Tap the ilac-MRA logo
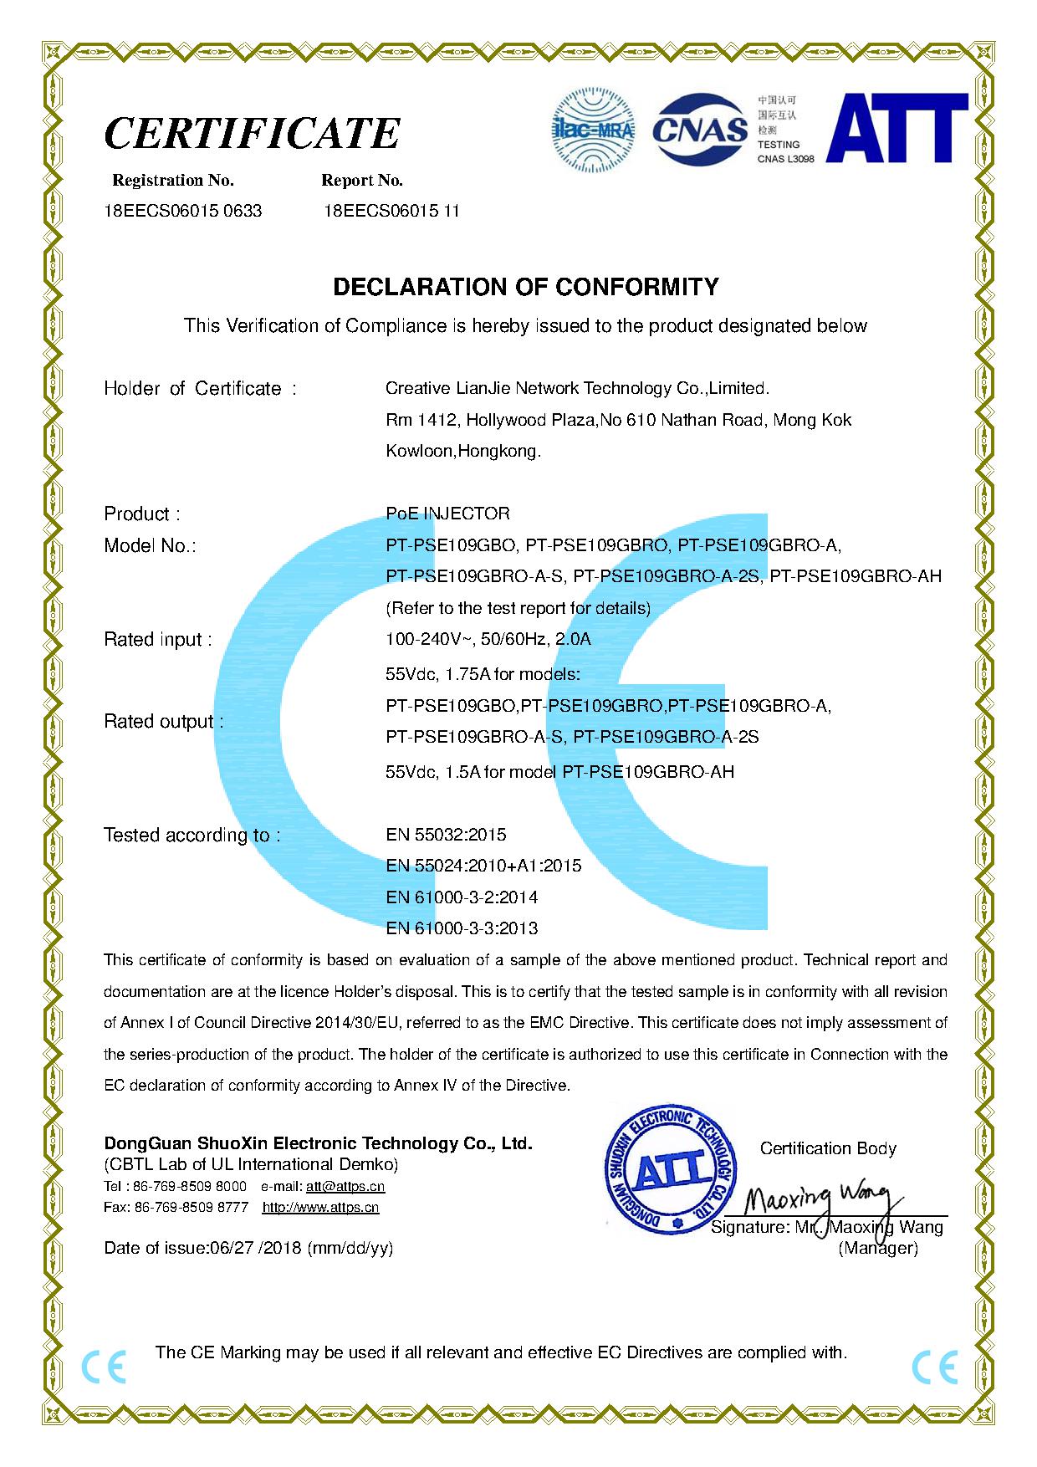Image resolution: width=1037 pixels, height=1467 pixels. coord(595,125)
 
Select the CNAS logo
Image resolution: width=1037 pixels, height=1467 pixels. coord(699,128)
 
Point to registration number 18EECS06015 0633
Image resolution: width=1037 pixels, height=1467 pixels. coord(183,211)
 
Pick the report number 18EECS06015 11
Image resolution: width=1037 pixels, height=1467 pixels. coord(391,211)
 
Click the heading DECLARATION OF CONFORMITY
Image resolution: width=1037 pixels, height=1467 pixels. coord(525,287)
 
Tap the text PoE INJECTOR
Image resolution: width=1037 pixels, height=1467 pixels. coord(447,514)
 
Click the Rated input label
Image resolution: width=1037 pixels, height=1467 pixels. coord(157,640)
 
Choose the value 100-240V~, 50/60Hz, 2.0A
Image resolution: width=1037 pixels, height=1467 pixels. coord(488,640)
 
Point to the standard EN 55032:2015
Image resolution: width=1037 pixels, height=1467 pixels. coord(446,835)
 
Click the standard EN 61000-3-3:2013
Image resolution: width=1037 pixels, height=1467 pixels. coord(462,928)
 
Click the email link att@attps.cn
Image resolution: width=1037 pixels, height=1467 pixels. coord(345,1186)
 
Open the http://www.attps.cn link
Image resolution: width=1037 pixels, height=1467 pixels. coord(320,1207)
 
